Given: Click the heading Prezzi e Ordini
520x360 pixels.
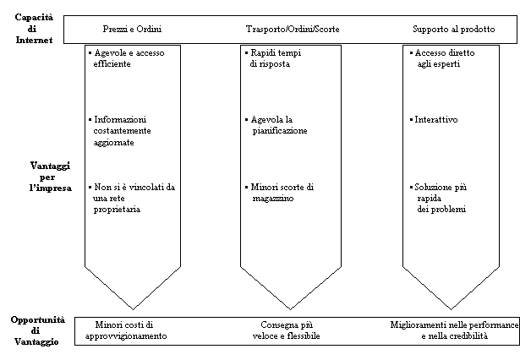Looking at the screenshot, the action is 132,30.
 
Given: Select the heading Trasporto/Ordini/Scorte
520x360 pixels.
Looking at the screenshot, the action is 293,30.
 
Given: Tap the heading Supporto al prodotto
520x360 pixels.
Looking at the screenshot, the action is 454,30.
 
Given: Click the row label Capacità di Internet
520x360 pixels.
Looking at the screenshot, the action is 34,29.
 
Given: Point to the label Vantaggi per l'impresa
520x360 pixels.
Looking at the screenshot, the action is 50,177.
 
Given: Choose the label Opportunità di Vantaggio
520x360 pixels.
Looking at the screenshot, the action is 37,330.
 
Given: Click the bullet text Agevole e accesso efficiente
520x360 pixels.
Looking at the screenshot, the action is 127,58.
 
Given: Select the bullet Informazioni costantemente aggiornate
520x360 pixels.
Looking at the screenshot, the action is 120,131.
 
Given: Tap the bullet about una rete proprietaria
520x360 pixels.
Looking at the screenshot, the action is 132,199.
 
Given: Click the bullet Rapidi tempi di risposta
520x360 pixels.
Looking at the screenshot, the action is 273,58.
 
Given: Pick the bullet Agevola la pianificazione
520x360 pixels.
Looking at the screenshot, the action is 276,125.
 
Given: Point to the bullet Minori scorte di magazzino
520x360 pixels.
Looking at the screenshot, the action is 279,193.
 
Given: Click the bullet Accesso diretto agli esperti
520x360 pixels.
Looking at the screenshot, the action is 442,58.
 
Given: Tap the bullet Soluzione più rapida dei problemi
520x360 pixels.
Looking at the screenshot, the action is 438,199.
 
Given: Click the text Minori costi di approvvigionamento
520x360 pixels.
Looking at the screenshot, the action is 126,330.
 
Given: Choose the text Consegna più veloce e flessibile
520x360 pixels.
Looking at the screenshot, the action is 286,330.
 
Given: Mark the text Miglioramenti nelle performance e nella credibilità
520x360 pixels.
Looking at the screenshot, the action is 454,330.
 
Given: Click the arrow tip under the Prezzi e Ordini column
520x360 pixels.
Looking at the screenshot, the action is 133,309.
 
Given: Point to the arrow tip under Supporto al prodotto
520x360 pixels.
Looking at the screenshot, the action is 451,309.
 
